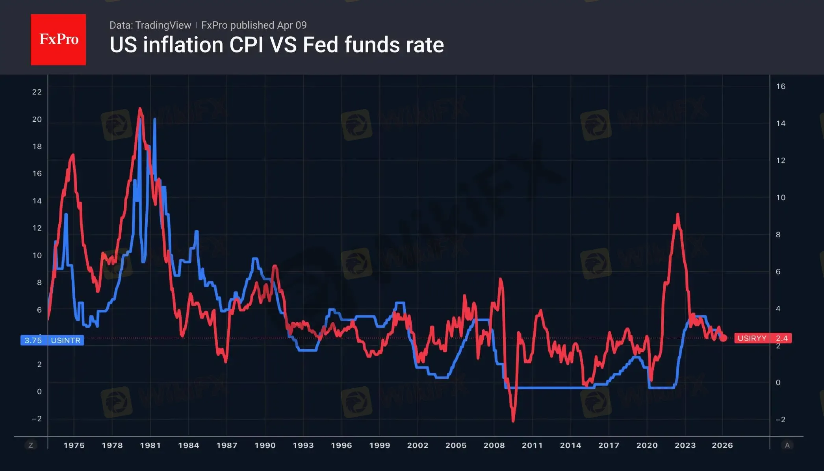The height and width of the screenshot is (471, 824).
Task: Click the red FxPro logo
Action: click(58, 39)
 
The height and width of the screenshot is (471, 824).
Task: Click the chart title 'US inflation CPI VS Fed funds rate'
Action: click(277, 45)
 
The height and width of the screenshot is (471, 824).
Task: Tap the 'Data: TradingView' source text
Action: click(150, 25)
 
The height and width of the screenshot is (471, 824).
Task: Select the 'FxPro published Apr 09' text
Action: click(254, 25)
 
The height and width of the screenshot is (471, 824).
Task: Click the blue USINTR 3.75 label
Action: click(52, 340)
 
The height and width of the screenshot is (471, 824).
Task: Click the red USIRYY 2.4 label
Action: click(763, 338)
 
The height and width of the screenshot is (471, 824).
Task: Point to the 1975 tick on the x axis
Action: click(74, 445)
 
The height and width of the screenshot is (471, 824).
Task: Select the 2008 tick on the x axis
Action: click(494, 445)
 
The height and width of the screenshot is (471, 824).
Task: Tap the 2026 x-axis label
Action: click(722, 445)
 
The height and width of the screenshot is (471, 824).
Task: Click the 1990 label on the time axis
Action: click(265, 445)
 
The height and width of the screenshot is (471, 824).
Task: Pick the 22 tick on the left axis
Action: click(37, 92)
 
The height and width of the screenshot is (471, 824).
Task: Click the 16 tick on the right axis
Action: click(781, 87)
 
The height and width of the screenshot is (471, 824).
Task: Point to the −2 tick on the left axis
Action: click(37, 419)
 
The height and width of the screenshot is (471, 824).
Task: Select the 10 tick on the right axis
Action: click(781, 198)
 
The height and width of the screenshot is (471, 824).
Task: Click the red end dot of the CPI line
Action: click(723, 338)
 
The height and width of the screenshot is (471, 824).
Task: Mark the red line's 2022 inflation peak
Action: click(677, 215)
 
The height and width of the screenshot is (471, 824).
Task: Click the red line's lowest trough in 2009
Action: click(513, 421)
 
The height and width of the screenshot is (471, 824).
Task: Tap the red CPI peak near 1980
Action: click(140, 109)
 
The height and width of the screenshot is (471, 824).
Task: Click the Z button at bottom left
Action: click(31, 445)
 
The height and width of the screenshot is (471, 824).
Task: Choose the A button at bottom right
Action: click(787, 445)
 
